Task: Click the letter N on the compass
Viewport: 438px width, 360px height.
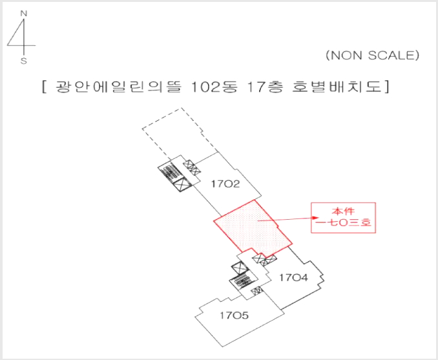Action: coord(24,14)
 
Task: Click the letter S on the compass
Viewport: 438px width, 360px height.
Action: coord(24,61)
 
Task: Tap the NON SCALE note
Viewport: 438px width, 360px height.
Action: coord(373,56)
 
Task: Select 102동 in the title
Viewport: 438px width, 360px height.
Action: coord(214,87)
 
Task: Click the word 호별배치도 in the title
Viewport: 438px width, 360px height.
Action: coord(337,87)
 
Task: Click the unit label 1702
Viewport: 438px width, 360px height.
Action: coord(225,184)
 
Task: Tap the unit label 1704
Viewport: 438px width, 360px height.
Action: coord(293,277)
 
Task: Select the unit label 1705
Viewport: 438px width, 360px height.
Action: coord(234,315)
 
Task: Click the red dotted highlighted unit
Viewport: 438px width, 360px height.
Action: coord(253,228)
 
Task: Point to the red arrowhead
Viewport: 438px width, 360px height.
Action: coord(316,218)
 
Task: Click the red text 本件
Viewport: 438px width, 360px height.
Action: coord(343,211)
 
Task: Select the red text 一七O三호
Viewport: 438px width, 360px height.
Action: coord(343,223)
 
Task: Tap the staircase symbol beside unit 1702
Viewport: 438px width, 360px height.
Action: coord(171,172)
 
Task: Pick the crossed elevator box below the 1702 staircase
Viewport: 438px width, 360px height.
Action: coord(182,184)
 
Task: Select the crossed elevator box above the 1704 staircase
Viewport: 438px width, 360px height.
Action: coord(240,269)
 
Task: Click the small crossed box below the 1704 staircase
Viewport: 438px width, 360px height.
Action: coord(257,291)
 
